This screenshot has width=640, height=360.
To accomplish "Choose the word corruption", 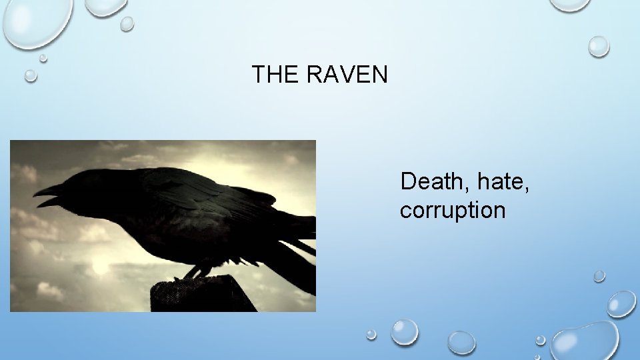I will (x=453, y=210).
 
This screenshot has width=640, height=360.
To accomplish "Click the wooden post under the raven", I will (x=200, y=297).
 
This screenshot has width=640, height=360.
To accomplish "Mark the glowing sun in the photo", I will (x=100, y=267).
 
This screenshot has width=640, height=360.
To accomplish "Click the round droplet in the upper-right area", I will (x=599, y=46).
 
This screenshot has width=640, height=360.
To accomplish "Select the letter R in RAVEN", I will (x=313, y=75).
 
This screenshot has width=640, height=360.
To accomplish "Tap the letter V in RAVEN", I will (x=347, y=75).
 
